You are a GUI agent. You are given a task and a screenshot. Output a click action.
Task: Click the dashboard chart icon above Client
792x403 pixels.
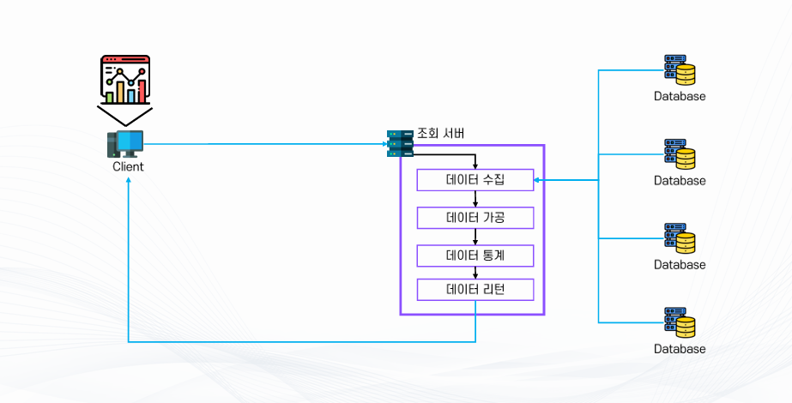pos(125,79)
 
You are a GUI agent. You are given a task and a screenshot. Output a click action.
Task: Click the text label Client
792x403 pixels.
pos(128,167)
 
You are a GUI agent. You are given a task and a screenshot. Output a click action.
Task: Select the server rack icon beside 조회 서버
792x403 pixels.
pos(400,143)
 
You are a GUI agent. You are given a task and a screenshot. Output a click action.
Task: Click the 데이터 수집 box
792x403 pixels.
pos(475,180)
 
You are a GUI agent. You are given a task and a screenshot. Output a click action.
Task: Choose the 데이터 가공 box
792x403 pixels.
pos(475,218)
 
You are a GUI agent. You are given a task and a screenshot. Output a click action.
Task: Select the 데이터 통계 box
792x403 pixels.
pos(475,256)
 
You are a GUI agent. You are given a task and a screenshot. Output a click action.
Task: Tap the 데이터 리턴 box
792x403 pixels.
pos(475,290)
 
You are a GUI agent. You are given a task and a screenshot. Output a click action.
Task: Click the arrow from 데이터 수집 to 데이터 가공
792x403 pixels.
pos(475,199)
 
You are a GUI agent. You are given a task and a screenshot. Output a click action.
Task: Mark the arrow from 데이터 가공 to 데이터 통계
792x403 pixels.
pos(475,237)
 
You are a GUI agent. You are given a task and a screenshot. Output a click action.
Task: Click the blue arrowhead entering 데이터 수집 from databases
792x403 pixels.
pos(538,180)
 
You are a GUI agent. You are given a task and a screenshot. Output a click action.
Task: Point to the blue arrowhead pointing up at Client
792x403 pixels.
pos(128,179)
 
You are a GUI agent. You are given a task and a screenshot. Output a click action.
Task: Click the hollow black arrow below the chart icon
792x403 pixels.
pos(125,116)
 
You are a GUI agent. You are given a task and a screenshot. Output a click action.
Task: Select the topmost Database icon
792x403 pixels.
pos(680,69)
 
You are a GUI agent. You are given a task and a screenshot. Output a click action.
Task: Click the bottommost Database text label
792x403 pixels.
pos(680,349)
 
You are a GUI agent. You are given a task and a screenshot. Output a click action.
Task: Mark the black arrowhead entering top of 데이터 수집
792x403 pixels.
pos(475,166)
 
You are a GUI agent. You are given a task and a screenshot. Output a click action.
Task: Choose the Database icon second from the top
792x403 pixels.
pos(680,153)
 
